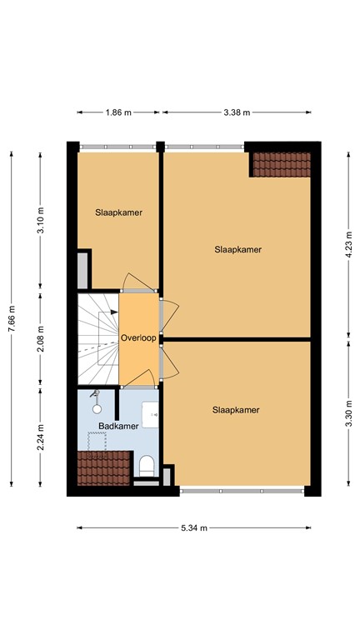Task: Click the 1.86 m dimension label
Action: click(118, 112)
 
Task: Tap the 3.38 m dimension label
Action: click(237, 112)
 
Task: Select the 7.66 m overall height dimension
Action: click(12, 318)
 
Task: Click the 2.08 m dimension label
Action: click(41, 340)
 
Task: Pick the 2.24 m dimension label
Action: click(41, 435)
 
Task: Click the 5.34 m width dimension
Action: click(193, 527)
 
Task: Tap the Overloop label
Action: click(138, 338)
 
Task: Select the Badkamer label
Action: click(117, 426)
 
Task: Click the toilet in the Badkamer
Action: click(147, 462)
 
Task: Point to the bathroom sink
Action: click(151, 412)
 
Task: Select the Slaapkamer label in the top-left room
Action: click(117, 212)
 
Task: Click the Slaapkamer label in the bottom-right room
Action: click(236, 410)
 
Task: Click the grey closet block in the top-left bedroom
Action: click(82, 268)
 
